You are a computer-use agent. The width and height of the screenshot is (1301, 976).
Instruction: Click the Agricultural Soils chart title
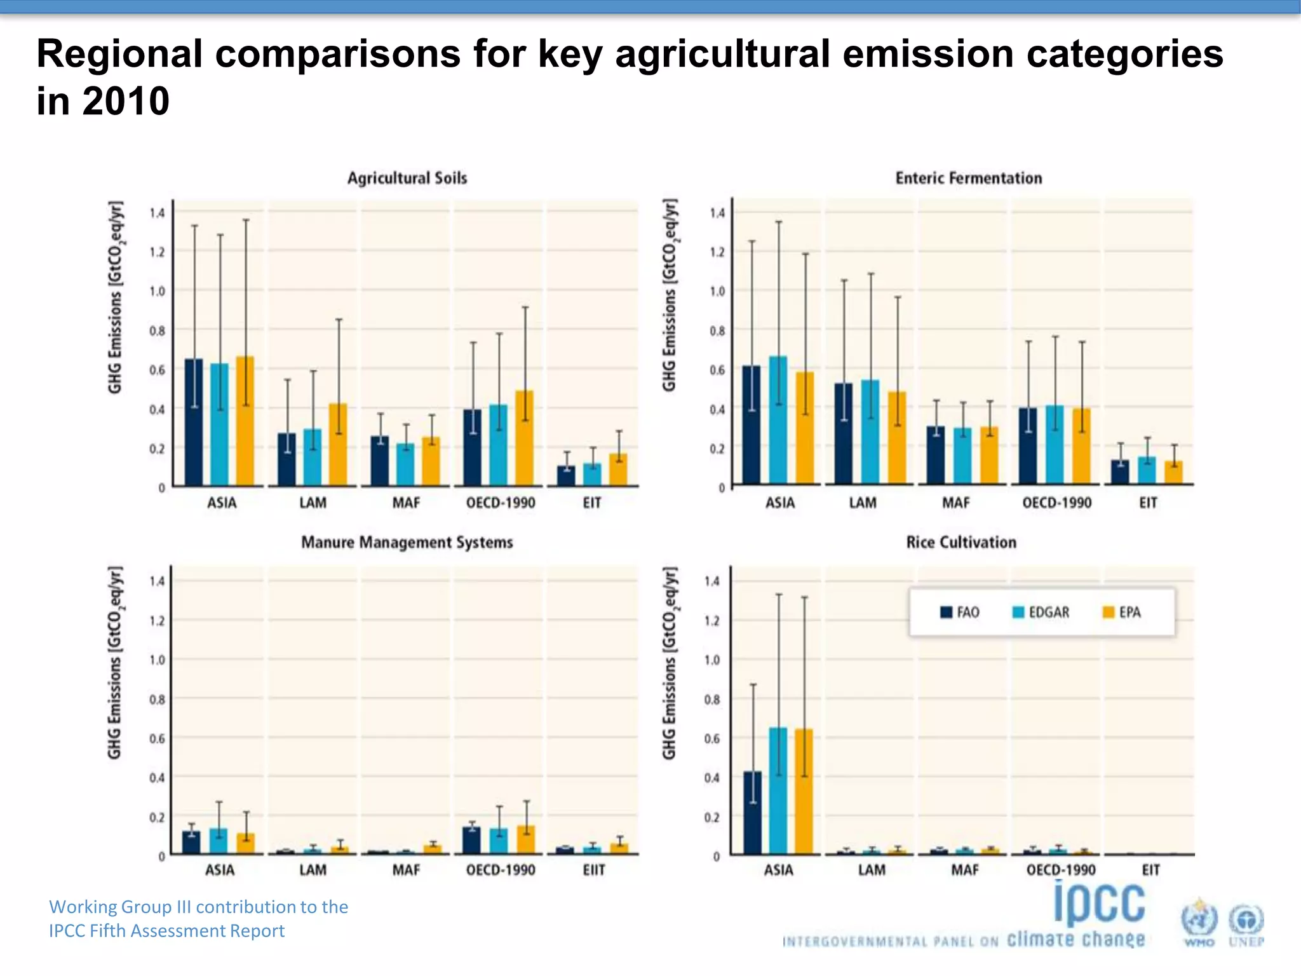click(407, 178)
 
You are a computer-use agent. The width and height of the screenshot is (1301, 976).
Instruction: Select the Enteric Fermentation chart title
click(968, 178)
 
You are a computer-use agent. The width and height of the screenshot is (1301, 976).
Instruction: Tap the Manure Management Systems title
click(407, 542)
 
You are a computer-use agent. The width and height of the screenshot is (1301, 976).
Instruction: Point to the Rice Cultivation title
click(961, 542)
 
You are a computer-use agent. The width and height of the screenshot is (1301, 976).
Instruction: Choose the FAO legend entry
click(960, 612)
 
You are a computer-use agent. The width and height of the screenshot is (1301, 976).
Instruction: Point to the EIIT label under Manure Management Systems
click(593, 870)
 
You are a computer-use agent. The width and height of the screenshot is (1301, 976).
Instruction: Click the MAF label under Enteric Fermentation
click(955, 503)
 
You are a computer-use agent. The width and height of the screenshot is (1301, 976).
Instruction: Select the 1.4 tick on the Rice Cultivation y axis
click(711, 581)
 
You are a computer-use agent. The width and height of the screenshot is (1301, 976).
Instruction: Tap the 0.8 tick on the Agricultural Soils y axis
click(157, 330)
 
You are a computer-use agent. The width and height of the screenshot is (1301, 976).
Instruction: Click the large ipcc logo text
click(1099, 904)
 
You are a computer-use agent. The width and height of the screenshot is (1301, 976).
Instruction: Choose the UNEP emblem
click(1246, 925)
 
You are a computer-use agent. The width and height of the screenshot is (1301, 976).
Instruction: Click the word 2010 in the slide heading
click(126, 101)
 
